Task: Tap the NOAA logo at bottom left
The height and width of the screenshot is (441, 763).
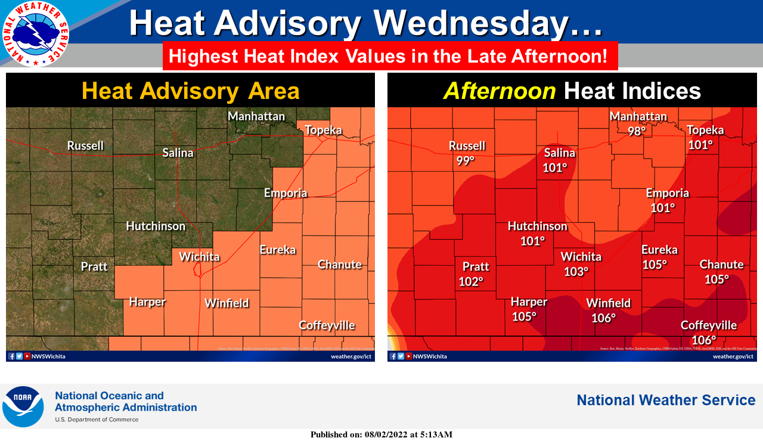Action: [23, 406]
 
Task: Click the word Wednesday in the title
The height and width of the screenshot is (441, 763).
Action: [488, 24]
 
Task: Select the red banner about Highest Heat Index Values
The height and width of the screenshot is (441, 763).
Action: [390, 57]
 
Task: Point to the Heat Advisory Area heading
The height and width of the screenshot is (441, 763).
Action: [190, 91]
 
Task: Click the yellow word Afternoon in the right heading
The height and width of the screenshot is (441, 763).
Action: [500, 91]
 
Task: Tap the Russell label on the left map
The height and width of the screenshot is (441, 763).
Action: [85, 145]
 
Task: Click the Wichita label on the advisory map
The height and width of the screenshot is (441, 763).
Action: [199, 257]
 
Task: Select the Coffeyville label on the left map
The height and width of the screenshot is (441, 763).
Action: [327, 325]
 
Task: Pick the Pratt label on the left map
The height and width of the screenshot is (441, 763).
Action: [94, 266]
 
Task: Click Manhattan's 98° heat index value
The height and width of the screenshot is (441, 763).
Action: [637, 131]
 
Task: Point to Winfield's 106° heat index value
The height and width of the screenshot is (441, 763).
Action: [603, 318]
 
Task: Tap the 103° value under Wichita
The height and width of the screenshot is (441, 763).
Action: [576, 271]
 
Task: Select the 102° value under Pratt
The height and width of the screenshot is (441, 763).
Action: [470, 281]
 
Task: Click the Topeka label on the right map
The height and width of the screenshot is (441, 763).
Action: [705, 130]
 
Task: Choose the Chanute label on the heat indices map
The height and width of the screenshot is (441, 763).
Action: [721, 264]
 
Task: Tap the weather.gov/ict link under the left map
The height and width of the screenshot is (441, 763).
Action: [351, 356]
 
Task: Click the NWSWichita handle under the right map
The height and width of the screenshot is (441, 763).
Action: [429, 356]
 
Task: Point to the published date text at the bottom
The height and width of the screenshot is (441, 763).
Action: [381, 434]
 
